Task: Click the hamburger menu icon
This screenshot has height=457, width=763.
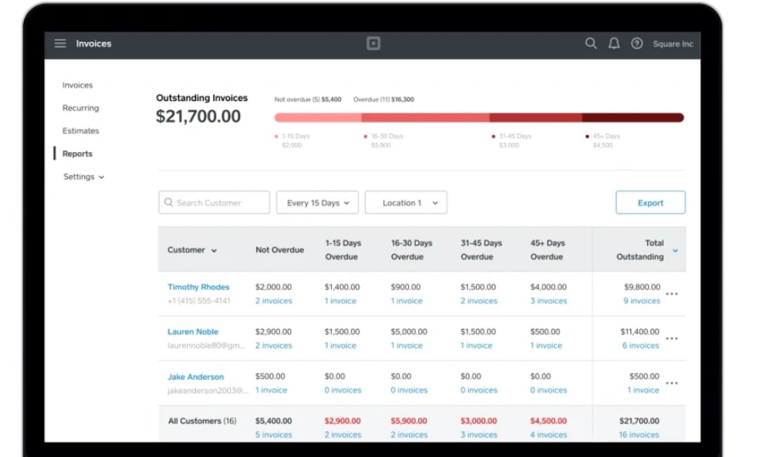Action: tap(60, 43)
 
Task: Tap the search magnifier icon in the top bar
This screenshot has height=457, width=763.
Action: tap(591, 43)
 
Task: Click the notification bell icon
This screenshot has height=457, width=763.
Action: tap(614, 43)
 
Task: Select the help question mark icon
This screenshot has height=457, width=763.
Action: tap(637, 44)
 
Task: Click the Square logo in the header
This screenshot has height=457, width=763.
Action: tap(373, 43)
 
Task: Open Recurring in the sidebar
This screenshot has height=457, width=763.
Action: tap(80, 108)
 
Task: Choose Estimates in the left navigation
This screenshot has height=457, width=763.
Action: tap(80, 131)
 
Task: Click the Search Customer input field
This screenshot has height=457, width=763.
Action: tap(214, 202)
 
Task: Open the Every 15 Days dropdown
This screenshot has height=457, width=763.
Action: tap(317, 202)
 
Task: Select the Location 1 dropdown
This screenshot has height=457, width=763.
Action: tap(406, 202)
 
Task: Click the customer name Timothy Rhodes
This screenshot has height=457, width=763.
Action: tap(198, 287)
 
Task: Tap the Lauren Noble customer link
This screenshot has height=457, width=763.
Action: tap(193, 332)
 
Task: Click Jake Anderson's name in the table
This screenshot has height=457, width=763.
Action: tap(196, 377)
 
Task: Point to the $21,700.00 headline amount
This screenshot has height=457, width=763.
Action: tap(198, 117)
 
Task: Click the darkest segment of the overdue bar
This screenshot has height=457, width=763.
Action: tap(633, 117)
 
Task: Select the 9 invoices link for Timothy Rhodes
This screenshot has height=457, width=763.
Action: tap(642, 301)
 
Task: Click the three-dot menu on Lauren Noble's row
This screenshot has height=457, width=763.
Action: tap(672, 338)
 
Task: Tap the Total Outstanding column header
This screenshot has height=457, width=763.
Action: tap(640, 249)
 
